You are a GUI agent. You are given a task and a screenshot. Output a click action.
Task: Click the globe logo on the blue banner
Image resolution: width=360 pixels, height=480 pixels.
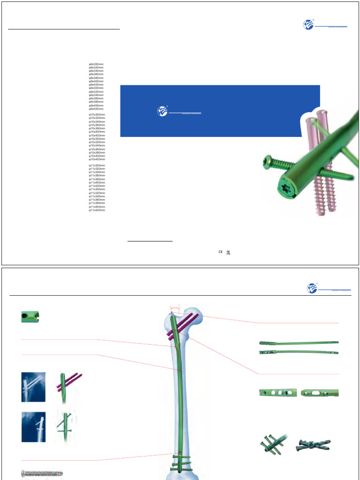pyautogui.click(x=162, y=111)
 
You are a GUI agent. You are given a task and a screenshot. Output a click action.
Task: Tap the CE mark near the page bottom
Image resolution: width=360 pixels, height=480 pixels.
pyautogui.click(x=219, y=252)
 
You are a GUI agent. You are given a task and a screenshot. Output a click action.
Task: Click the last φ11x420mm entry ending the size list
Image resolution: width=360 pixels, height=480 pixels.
pyautogui.click(x=97, y=210)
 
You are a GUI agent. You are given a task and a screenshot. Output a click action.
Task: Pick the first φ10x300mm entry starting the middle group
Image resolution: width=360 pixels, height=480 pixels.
pyautogui.click(x=97, y=114)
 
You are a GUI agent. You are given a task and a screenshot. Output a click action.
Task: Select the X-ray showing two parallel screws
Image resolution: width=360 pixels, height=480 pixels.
pyautogui.click(x=33, y=387)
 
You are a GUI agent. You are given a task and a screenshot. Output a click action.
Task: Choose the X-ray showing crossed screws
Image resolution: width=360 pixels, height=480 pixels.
pyautogui.click(x=33, y=427)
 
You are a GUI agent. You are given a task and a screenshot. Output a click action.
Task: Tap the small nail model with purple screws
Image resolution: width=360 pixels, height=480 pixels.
pyautogui.click(x=68, y=387)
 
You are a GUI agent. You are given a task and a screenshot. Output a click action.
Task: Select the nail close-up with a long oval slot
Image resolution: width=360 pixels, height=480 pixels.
pyautogui.click(x=320, y=393)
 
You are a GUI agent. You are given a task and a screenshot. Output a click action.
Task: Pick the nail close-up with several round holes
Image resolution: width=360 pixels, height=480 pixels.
pyautogui.click(x=277, y=393)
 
